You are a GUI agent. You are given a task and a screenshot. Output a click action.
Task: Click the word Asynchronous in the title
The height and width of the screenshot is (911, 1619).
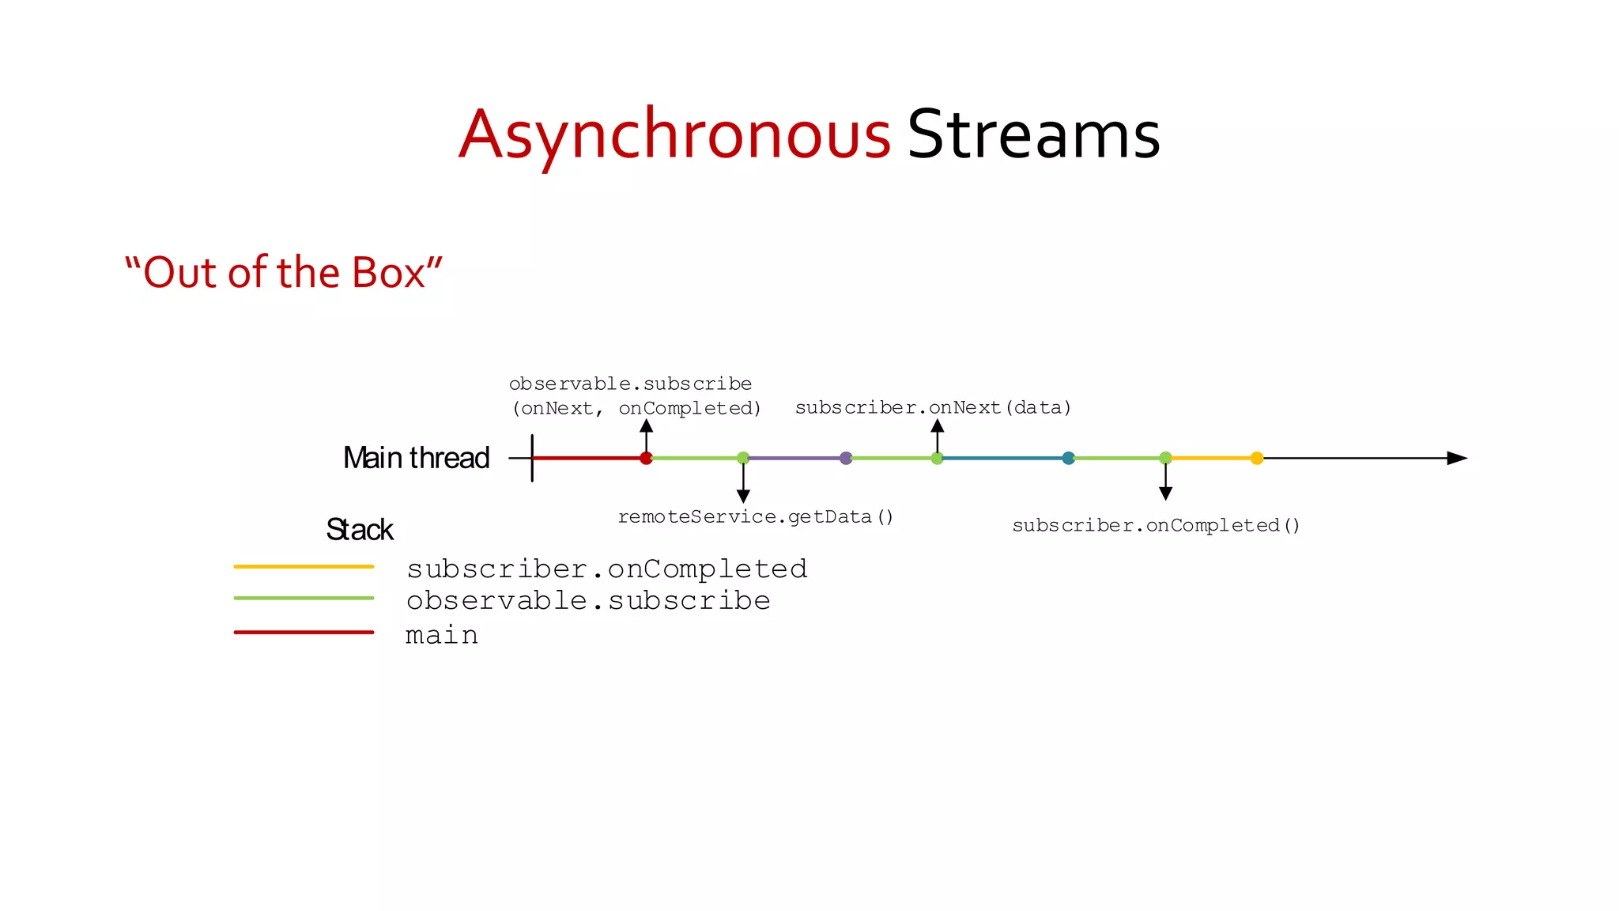675,134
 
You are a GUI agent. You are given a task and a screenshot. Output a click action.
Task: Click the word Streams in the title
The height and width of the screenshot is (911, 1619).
1033,134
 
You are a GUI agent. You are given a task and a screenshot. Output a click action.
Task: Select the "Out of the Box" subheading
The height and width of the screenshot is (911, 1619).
283,272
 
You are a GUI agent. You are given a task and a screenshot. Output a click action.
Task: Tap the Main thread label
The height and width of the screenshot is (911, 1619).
416,458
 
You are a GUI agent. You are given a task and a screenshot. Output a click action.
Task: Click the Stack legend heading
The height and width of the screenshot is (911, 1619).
359,529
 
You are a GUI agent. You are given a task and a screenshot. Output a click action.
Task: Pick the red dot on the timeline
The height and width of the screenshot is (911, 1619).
646,458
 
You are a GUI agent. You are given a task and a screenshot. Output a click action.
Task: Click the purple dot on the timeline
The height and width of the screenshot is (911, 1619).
846,458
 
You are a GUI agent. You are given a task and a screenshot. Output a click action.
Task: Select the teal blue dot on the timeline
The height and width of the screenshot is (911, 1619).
1068,458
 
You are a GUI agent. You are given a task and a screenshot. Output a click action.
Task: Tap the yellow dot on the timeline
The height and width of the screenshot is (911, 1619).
1257,458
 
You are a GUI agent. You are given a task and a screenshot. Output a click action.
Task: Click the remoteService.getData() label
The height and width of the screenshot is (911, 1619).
755,516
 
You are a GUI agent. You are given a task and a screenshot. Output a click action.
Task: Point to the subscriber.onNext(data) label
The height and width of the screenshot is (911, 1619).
933,407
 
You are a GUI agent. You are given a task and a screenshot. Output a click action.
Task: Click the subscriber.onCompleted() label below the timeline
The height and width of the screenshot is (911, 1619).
1156,525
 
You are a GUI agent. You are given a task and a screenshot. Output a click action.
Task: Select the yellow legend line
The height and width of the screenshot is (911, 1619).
304,567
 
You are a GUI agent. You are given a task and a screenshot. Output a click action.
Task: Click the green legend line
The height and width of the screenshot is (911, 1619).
304,599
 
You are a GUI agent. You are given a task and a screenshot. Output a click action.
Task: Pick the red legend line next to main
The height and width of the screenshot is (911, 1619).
304,633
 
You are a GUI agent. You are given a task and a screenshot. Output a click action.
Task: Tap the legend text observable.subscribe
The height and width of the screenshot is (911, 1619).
588,600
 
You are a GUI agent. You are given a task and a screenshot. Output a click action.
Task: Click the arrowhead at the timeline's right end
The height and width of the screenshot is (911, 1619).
1456,458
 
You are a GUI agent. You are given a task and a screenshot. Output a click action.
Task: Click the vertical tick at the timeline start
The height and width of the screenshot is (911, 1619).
532,458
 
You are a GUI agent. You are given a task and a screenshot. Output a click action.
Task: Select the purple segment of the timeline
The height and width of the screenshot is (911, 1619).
794,458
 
